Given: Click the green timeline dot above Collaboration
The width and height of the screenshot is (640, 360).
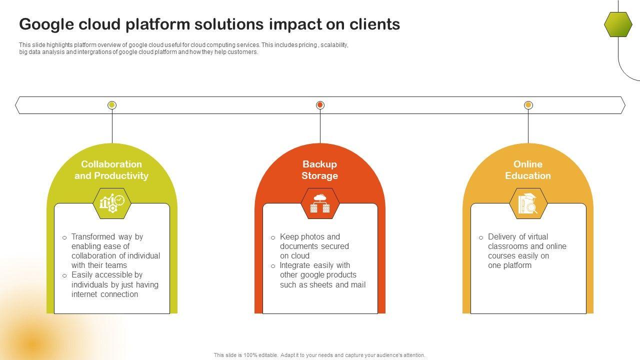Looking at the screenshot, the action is (x=112, y=105).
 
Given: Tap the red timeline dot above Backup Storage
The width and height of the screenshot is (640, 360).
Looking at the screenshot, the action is (x=320, y=105).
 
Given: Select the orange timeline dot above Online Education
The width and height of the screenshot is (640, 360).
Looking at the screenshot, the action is (x=528, y=105).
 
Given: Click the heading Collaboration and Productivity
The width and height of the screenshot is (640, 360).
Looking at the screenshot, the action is (x=111, y=170).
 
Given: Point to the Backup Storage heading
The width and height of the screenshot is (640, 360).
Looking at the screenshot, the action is (x=319, y=170).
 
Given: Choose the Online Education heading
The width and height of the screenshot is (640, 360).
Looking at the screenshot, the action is (x=527, y=170).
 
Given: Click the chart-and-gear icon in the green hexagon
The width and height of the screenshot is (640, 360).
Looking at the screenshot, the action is (x=112, y=203).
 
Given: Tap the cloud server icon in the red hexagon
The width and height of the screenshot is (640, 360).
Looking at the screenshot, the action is (x=320, y=203).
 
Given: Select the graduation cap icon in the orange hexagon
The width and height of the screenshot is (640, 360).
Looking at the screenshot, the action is (x=528, y=203).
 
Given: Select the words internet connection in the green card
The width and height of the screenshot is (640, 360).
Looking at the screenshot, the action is (x=104, y=294).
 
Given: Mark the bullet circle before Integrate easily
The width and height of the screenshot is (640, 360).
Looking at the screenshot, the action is (x=273, y=266).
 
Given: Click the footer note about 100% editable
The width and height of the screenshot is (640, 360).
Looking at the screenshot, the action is (x=319, y=355).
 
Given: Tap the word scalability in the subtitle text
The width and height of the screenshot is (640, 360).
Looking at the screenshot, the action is (x=334, y=45).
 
